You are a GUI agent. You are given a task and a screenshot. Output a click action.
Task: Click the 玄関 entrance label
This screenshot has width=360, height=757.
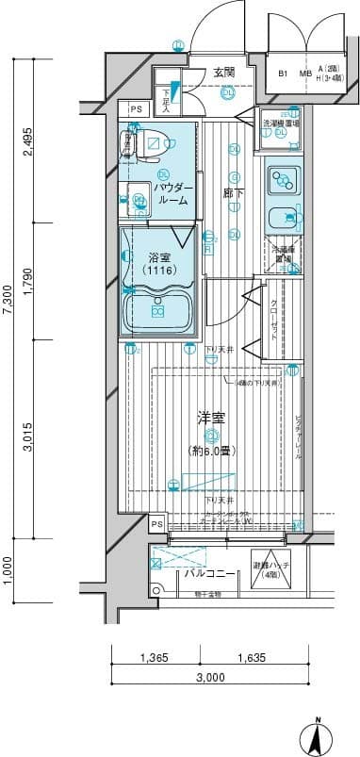point(223,72)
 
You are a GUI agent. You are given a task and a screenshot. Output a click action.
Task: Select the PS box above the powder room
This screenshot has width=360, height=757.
point(137,110)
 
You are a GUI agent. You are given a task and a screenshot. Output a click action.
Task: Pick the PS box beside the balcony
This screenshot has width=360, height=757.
point(156,524)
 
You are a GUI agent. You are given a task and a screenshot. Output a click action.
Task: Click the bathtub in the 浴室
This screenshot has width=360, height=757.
point(158,311)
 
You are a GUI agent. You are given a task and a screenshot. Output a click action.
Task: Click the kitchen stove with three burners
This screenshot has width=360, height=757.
point(282,178)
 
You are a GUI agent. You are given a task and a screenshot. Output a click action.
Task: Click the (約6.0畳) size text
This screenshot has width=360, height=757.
point(213,451)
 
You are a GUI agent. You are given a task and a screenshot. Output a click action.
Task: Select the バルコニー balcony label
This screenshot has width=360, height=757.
point(205,572)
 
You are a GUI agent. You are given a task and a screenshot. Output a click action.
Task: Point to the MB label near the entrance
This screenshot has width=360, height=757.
point(305,73)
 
